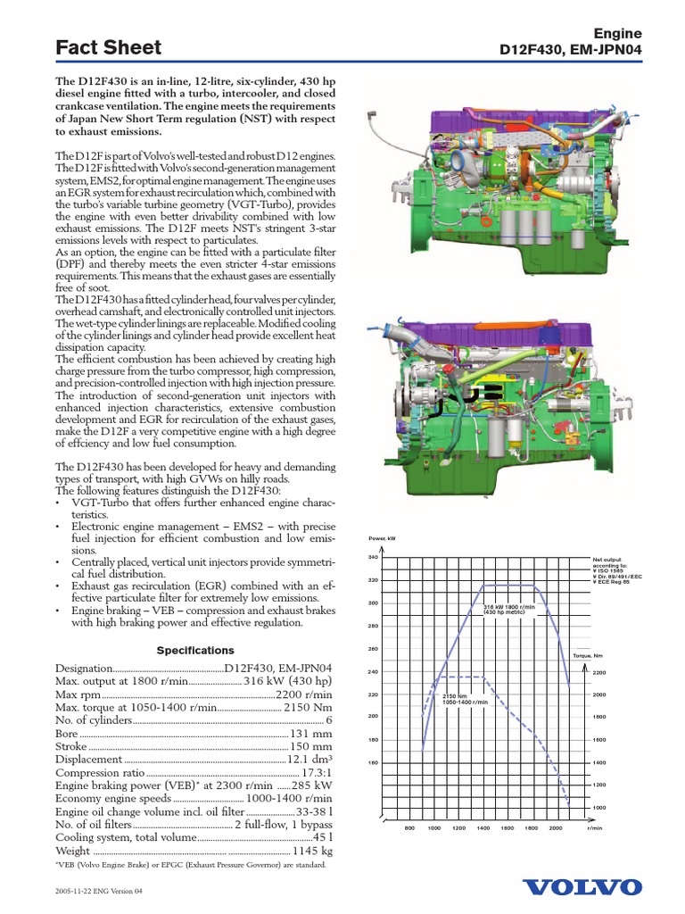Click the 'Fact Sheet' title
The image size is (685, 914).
(x=108, y=47)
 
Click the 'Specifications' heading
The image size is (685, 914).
(x=195, y=651)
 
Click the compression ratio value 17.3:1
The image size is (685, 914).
(x=317, y=772)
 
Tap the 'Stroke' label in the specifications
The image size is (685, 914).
(x=71, y=745)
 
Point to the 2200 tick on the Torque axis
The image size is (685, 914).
(x=598, y=672)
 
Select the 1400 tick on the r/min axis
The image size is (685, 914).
(x=483, y=828)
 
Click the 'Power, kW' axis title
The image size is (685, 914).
(x=381, y=538)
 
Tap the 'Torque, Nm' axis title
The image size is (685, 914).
(x=589, y=654)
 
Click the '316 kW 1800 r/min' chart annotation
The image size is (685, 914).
(x=504, y=610)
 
